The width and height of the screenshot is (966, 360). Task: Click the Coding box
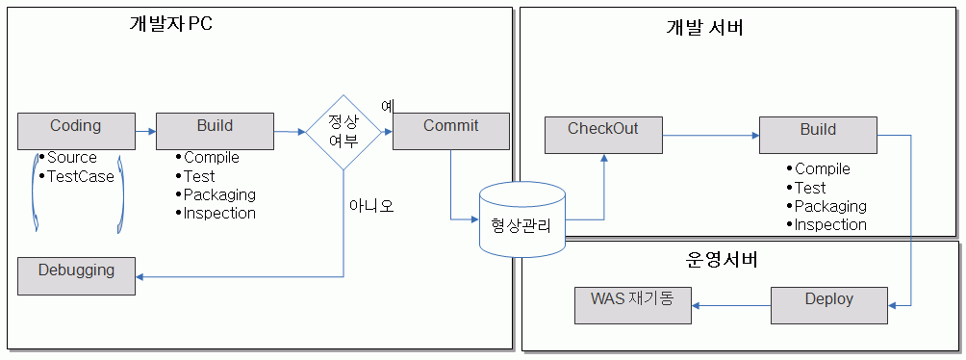(x=76, y=131)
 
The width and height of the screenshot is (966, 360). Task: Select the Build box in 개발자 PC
(x=215, y=131)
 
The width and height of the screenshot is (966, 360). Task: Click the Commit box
(x=450, y=131)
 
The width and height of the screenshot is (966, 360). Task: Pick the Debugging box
(x=76, y=275)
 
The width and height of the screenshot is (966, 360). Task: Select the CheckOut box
(x=603, y=135)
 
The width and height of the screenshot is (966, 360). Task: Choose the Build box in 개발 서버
(x=818, y=135)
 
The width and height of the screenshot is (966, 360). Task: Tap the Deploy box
(x=828, y=305)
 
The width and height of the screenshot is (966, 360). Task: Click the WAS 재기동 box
(x=633, y=305)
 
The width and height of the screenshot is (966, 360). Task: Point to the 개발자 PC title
(x=170, y=24)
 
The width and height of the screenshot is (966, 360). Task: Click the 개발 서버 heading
(x=704, y=28)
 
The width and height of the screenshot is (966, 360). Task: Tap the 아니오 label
(x=371, y=205)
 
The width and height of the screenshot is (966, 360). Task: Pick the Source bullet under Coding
(x=72, y=157)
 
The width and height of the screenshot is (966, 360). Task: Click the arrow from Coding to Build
(x=144, y=131)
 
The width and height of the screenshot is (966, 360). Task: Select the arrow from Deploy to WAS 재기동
(x=731, y=306)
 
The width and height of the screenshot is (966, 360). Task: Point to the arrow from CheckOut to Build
(x=710, y=136)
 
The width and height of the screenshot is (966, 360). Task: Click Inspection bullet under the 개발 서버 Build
(x=829, y=224)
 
